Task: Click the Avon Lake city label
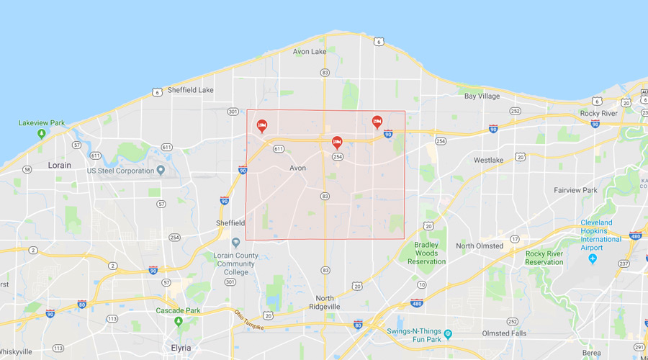tap(310, 51)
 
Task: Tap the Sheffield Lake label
tap(190, 90)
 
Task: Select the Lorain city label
tap(59, 165)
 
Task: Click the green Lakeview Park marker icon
tap(42, 134)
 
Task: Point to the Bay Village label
tap(481, 96)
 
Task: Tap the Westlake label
tap(488, 160)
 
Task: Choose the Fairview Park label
tap(575, 190)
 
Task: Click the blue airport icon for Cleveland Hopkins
tap(594, 258)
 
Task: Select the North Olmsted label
tap(480, 246)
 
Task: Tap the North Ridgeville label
tap(337, 302)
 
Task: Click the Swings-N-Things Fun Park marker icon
tap(448, 334)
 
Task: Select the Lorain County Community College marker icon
tap(235, 243)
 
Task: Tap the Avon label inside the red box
tap(297, 168)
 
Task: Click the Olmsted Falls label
tap(504, 333)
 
